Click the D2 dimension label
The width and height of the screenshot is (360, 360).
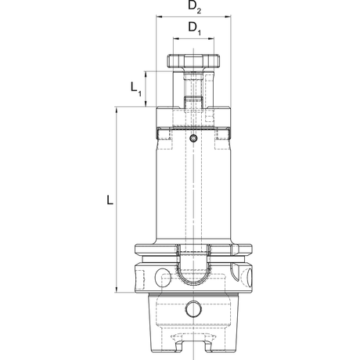(x=195, y=7)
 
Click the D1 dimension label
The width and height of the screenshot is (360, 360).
(x=195, y=28)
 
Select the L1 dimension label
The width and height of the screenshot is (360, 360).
(x=136, y=89)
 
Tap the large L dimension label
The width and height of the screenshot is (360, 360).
(x=110, y=200)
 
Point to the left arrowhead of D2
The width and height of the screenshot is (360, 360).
(x=159, y=16)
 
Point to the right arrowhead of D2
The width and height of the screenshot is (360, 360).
(x=228, y=16)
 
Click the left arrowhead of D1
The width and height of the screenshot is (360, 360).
(x=176, y=39)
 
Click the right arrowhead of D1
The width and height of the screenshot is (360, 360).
(x=211, y=39)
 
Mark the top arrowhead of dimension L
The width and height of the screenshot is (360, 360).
(x=117, y=110)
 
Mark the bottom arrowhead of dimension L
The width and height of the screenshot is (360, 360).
(x=117, y=289)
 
